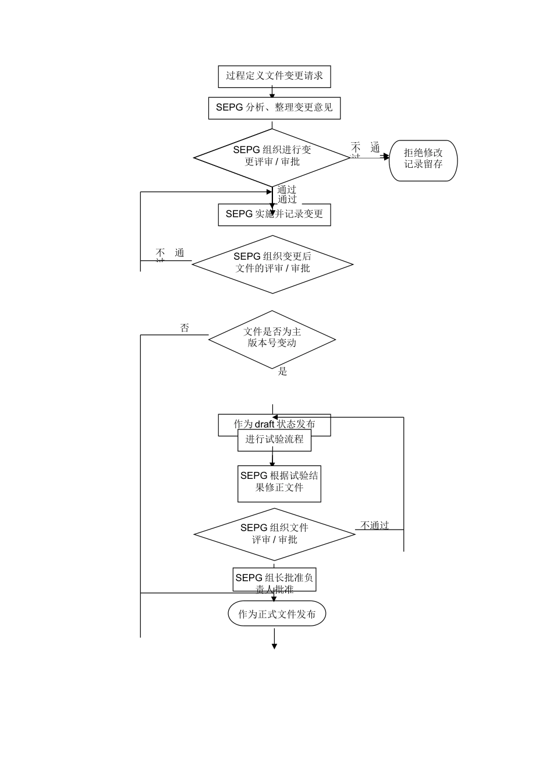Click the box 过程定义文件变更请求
click(x=274, y=76)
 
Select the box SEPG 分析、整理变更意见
click(x=274, y=108)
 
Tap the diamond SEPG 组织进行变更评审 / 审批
click(x=272, y=156)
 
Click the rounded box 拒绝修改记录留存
click(x=423, y=159)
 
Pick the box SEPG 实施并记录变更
click(x=274, y=214)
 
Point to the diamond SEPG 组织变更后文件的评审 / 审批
click(x=272, y=263)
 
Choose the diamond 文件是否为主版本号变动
click(x=272, y=338)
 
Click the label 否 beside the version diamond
click(x=185, y=329)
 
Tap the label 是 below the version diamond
click(x=282, y=372)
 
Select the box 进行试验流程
click(x=274, y=440)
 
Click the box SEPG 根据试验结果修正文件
click(x=279, y=484)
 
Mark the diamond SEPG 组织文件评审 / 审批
click(x=274, y=534)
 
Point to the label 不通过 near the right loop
click(x=374, y=525)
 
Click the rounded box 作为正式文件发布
click(x=276, y=614)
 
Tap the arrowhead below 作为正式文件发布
click(x=274, y=646)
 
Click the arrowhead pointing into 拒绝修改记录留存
click(x=386, y=157)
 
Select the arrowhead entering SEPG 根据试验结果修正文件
click(x=272, y=463)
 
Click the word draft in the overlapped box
click(x=264, y=424)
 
